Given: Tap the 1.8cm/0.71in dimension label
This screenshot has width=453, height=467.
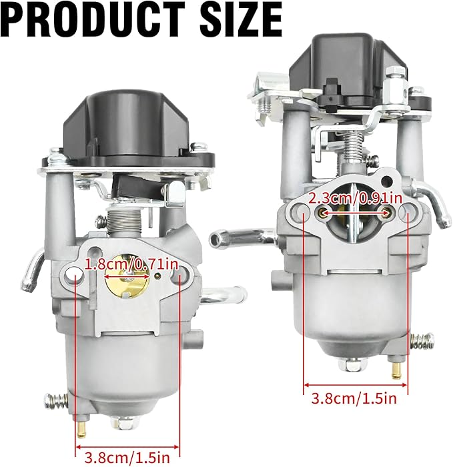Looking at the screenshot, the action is [x=131, y=264].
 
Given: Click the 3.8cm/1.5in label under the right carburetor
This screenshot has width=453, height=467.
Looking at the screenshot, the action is [x=354, y=398].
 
